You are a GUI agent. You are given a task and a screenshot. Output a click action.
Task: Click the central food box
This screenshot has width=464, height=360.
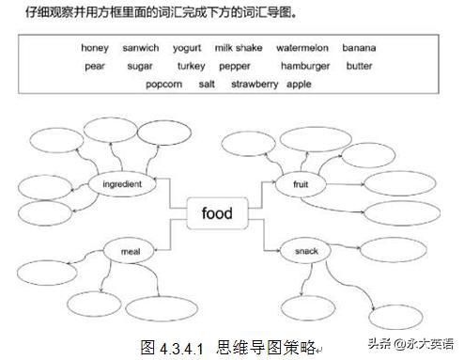(x=217, y=213)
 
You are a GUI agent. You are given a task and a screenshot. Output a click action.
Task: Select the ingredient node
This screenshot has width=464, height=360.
(x=122, y=184)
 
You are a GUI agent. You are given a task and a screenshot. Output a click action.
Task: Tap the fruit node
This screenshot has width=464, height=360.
(x=302, y=184)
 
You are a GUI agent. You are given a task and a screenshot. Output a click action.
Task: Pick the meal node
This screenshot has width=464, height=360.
(x=130, y=251)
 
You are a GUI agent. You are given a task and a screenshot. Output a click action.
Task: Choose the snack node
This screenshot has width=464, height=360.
(x=306, y=251)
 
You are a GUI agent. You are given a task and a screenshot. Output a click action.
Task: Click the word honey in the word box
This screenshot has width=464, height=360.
(x=95, y=47)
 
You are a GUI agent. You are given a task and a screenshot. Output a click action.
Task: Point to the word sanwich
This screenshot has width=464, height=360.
(x=141, y=47)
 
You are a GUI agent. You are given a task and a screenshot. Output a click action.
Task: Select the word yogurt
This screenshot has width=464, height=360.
(x=187, y=47)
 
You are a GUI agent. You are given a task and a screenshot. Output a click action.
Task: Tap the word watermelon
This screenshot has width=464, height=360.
(x=302, y=47)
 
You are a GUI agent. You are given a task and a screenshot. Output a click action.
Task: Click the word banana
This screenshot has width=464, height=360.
(x=359, y=47)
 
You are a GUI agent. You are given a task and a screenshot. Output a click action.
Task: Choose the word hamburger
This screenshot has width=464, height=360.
(x=305, y=66)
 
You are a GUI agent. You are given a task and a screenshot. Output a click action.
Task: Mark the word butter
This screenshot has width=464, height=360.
(x=359, y=66)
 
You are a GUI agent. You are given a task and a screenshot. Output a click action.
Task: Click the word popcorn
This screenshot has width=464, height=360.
(x=165, y=84)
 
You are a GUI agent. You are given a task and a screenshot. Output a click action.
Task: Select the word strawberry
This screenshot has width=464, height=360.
(x=254, y=84)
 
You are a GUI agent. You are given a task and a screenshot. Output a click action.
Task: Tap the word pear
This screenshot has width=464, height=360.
(x=94, y=66)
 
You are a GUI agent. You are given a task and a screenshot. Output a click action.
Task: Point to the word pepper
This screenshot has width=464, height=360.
(x=235, y=67)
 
